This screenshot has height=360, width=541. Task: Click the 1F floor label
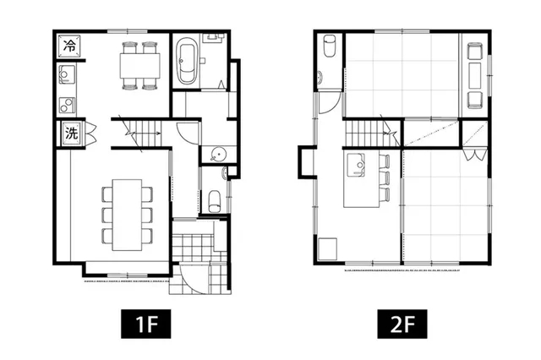click(145, 324)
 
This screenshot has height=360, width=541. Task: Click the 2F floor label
click(402, 324)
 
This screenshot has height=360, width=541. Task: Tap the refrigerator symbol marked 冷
click(69, 46)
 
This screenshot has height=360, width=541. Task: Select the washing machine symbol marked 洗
click(71, 133)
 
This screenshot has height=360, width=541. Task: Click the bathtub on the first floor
click(187, 61)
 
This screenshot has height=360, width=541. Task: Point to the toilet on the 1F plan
click(214, 201)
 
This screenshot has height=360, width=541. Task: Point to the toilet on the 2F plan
click(330, 46)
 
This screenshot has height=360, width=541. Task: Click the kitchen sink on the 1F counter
click(67, 74)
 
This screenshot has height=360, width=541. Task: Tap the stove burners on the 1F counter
click(67, 105)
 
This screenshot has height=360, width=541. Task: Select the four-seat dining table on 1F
click(139, 66)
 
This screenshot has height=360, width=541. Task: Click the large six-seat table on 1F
click(127, 215)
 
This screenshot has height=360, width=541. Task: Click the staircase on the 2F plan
click(372, 134)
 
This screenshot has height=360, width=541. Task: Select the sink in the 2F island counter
click(356, 165)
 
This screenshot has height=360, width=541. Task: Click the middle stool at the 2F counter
click(385, 178)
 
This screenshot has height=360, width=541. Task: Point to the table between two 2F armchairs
click(475, 75)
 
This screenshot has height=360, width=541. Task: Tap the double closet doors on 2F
click(474, 154)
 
